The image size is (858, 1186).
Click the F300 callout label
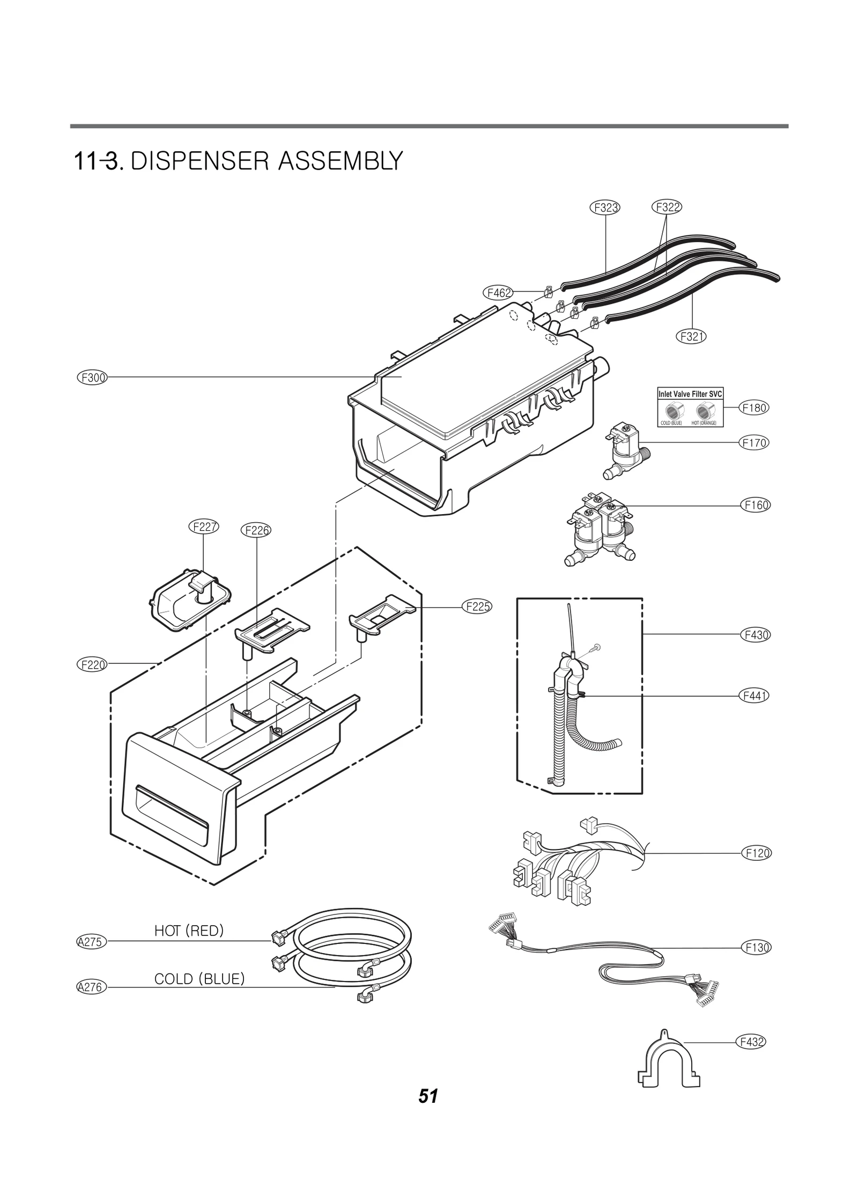click(92, 377)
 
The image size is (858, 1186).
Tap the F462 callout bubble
click(498, 292)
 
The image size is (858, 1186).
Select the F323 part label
click(605, 207)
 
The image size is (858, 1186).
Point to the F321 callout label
click(691, 336)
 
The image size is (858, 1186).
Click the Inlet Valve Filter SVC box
click(690, 407)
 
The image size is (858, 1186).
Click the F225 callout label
click(477, 607)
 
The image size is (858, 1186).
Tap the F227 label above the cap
click(204, 526)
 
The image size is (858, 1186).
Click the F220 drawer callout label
click(92, 664)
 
